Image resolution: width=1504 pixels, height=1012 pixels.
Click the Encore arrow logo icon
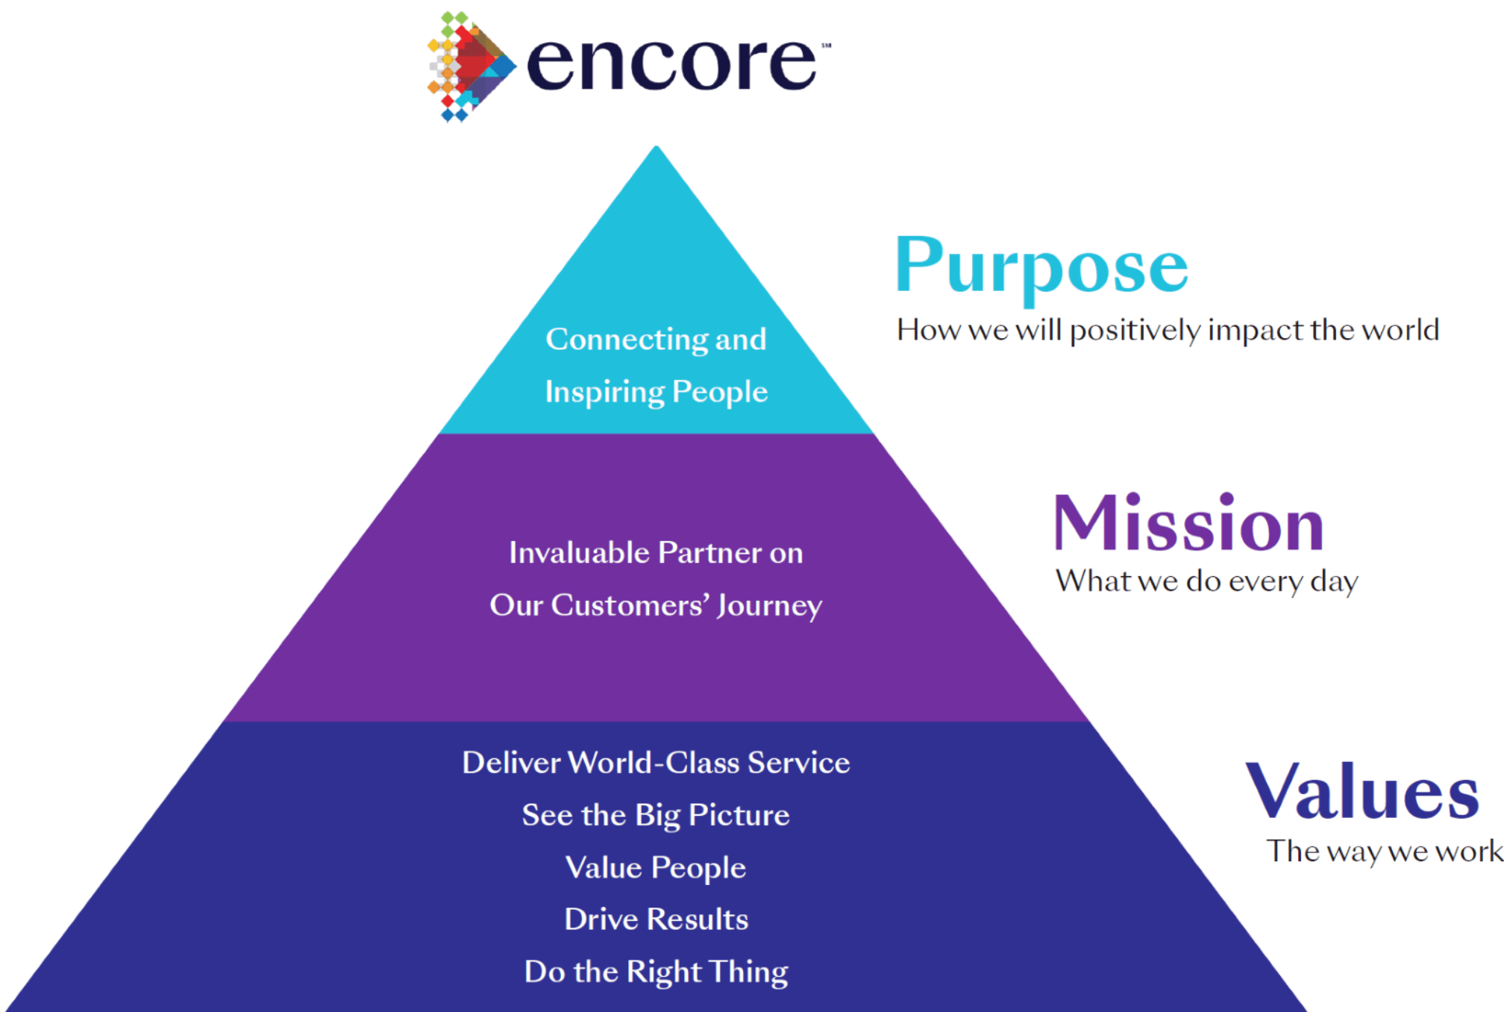471,66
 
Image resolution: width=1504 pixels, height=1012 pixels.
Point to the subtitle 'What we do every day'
1206,581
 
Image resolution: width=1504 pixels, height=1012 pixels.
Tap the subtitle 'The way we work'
1384,852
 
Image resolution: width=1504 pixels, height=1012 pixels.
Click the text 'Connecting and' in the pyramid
656,340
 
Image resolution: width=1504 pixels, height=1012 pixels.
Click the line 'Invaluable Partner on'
656,553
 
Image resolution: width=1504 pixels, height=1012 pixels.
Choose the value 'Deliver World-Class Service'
656,763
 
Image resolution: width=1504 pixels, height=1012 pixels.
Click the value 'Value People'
656,868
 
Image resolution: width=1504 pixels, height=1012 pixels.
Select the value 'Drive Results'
656,919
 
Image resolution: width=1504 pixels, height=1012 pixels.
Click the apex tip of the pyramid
657,146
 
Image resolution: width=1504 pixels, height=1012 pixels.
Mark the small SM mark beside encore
827,46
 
